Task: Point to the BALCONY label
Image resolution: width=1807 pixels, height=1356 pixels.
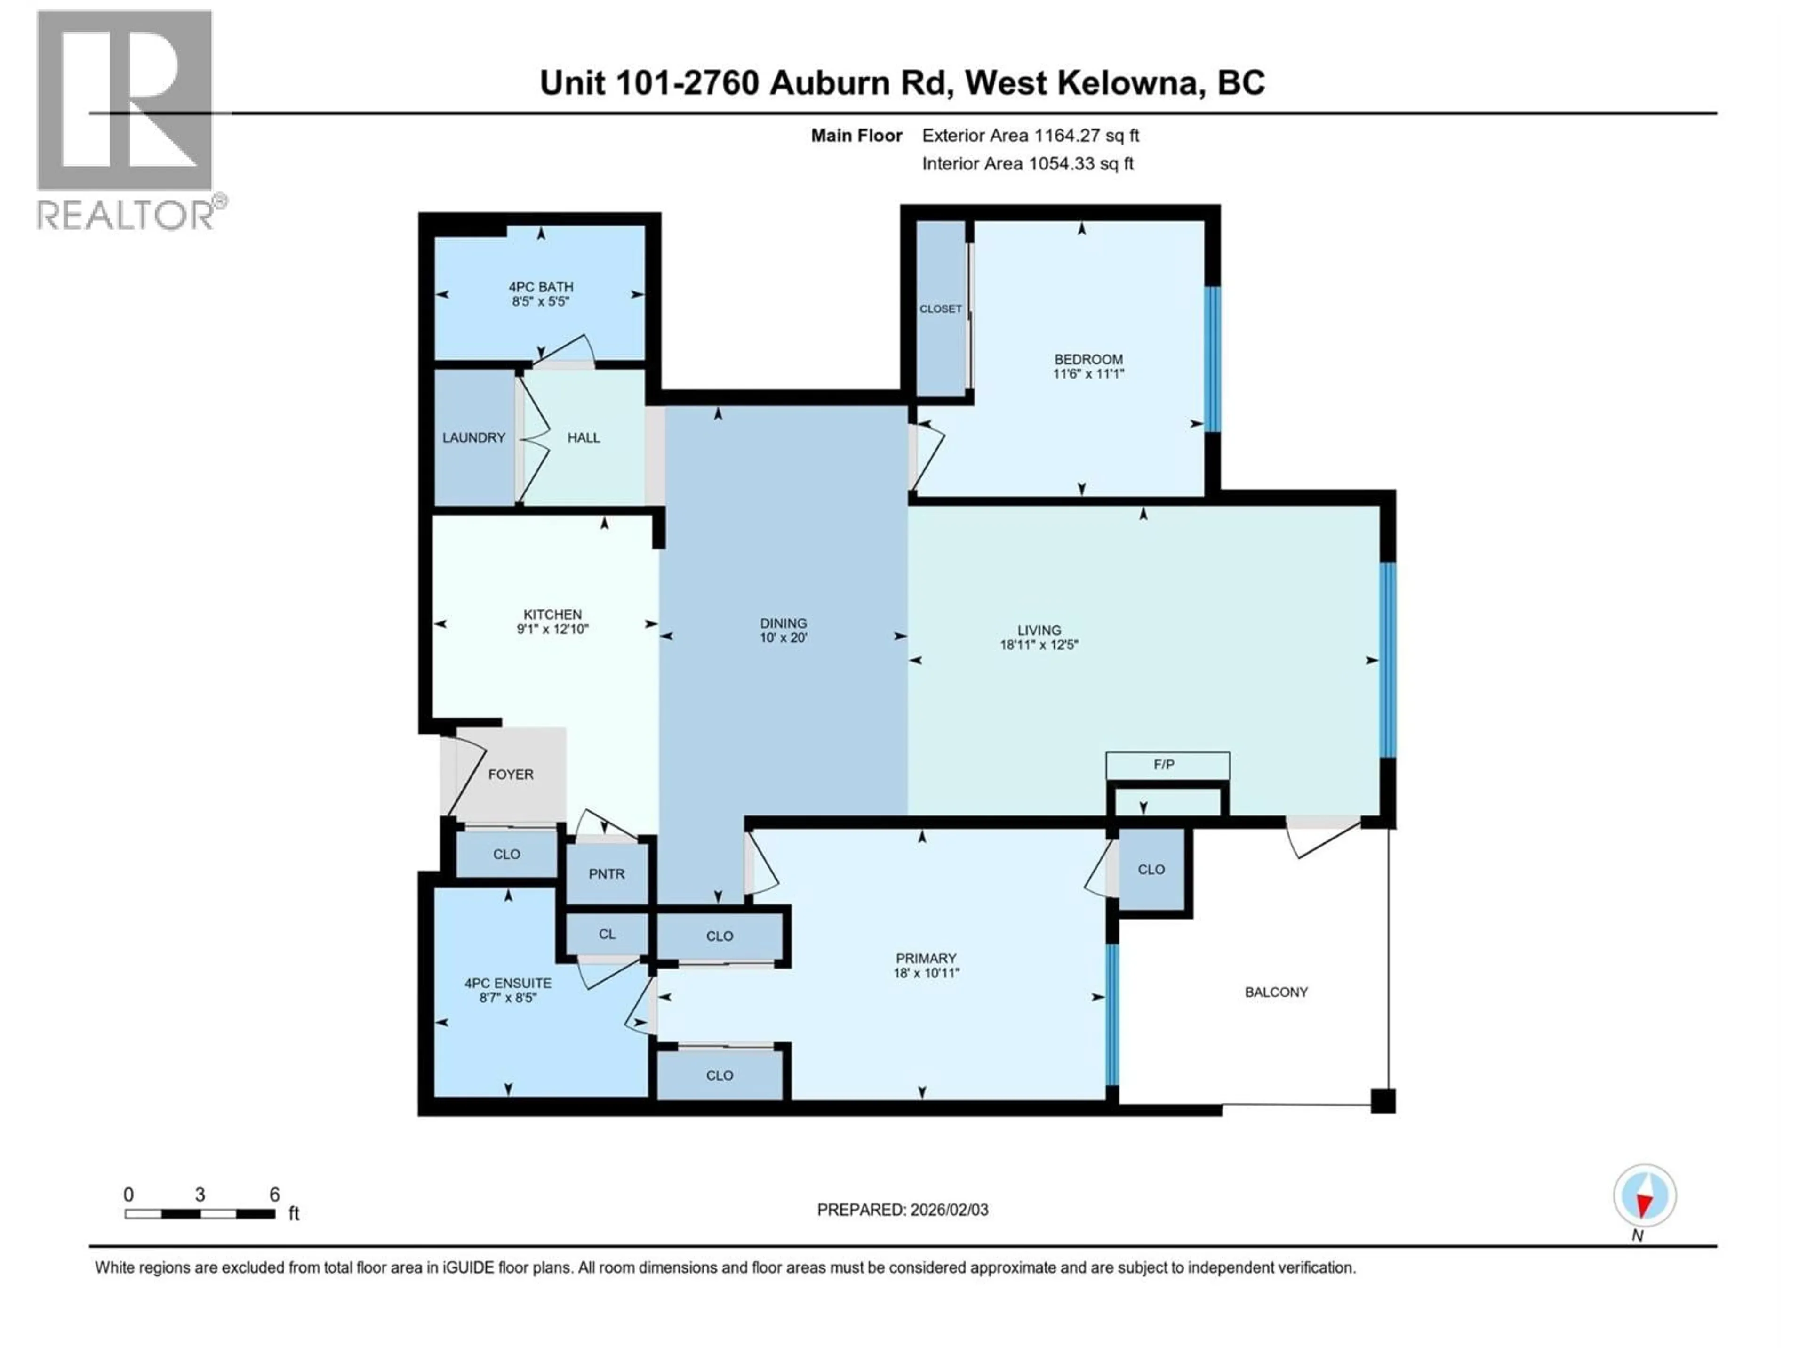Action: [x=1276, y=992]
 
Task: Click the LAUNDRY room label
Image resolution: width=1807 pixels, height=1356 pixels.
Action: [x=474, y=438]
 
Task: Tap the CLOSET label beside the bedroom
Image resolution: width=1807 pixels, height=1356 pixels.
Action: [x=940, y=309]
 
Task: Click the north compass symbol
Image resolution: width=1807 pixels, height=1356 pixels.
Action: [x=1645, y=1196]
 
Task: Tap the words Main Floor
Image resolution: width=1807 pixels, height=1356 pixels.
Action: [x=856, y=136]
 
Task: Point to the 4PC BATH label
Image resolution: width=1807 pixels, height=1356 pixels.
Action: [x=541, y=287]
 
